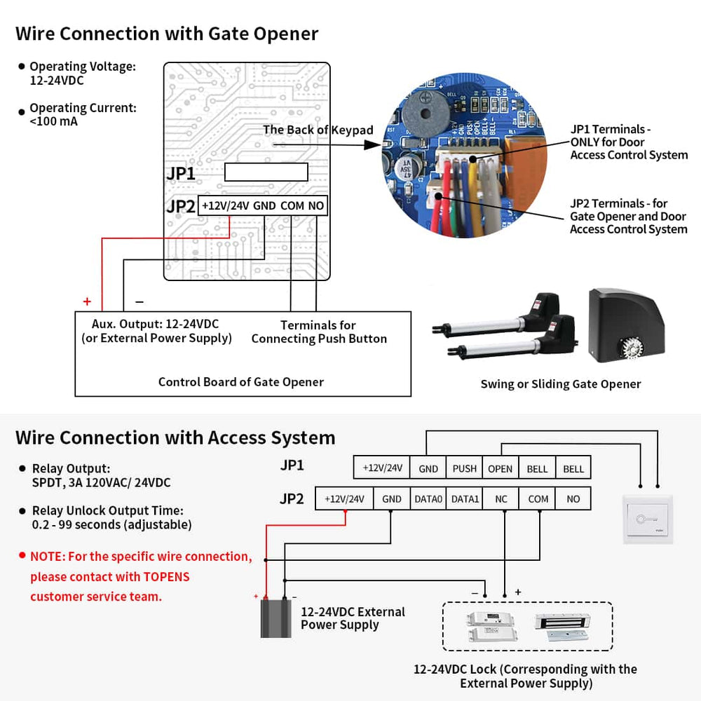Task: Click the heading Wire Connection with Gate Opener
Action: coord(167,34)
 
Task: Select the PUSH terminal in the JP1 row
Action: coord(464,468)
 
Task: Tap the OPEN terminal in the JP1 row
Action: coord(501,468)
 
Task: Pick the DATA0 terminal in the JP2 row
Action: coord(428,499)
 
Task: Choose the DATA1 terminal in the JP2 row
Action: coord(464,499)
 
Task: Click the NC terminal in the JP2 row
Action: coord(501,499)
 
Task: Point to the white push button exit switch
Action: coord(648,519)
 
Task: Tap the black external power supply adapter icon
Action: coord(275,616)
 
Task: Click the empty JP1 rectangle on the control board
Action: coord(266,172)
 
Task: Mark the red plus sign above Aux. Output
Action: coord(87,302)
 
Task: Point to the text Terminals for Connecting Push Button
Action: coord(319,332)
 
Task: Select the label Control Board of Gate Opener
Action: coord(241,382)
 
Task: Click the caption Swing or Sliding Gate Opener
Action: coord(560,383)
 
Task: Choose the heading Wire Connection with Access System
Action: coord(175,437)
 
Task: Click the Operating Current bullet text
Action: coord(83,114)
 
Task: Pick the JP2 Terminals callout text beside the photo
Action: coord(628,217)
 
